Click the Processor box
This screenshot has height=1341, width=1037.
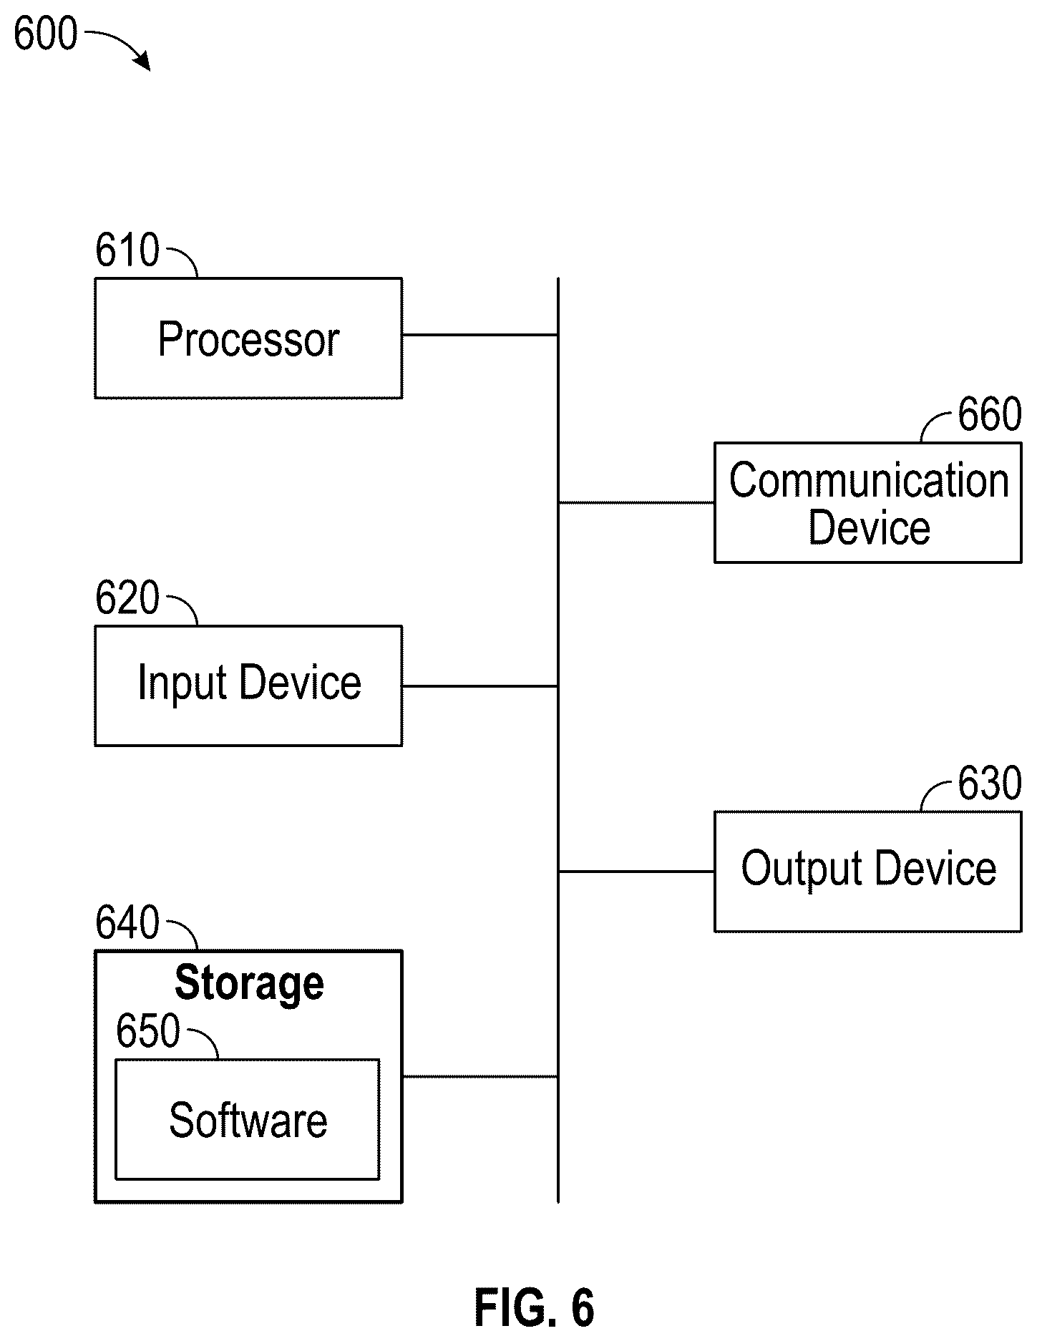[x=248, y=338]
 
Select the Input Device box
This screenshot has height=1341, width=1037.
[x=248, y=686]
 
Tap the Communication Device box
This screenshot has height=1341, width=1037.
[x=867, y=502]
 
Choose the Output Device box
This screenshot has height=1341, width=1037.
[x=867, y=871]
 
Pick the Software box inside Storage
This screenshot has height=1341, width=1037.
[x=248, y=1119]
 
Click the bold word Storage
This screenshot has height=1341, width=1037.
[x=249, y=984]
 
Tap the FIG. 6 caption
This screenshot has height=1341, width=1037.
[x=535, y=1308]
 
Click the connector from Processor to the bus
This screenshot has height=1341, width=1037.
[x=480, y=334]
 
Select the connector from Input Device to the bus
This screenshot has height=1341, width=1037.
[x=480, y=686]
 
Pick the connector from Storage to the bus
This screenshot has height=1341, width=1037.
[x=480, y=1076]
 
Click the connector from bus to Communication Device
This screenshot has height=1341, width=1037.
[x=636, y=502]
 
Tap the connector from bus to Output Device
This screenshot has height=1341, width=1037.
[x=636, y=872]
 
